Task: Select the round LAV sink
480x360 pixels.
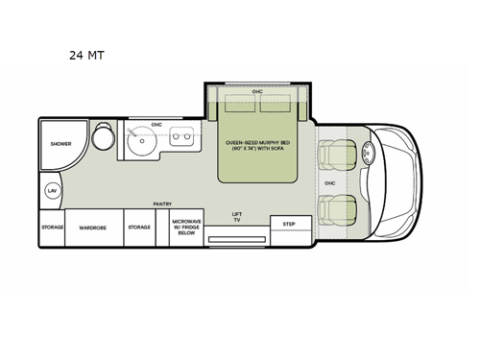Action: pyautogui.click(x=52, y=191)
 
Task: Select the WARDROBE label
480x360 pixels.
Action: pyautogui.click(x=93, y=228)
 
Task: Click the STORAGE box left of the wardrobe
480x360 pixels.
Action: pyautogui.click(x=52, y=228)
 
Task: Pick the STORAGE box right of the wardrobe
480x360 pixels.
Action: pyautogui.click(x=139, y=228)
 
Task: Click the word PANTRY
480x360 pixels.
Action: pyautogui.click(x=161, y=204)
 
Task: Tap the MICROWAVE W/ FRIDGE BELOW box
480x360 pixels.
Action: pyautogui.click(x=186, y=228)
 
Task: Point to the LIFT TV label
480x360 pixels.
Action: pyautogui.click(x=237, y=218)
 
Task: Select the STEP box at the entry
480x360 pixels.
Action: pyautogui.click(x=288, y=224)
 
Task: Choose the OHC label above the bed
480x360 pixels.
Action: pyautogui.click(x=257, y=91)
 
